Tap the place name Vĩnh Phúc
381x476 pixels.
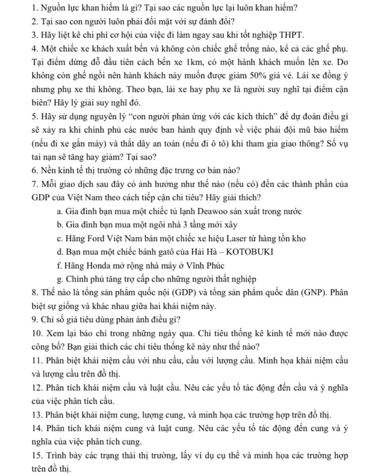(206, 266)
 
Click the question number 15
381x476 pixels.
(37, 456)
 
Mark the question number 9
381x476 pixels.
(35, 320)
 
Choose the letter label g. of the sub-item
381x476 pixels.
(60, 279)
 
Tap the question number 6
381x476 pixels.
(35, 171)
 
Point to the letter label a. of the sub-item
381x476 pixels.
(60, 212)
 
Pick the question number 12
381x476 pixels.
(37, 388)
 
